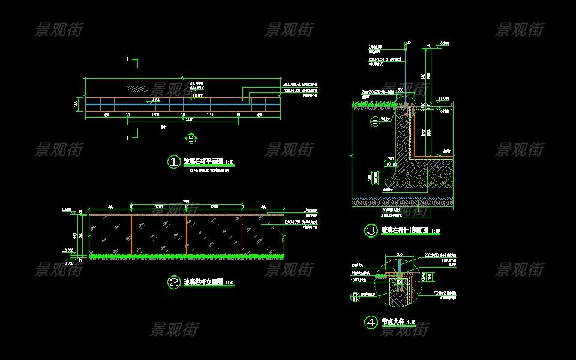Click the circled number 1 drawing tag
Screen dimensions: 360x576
173,161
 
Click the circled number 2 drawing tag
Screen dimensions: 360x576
173,281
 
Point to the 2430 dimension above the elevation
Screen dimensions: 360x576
187,201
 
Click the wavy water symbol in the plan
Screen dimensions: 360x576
137,89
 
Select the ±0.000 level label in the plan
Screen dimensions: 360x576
197,95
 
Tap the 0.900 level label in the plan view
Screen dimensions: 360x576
156,100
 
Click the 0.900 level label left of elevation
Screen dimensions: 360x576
67,209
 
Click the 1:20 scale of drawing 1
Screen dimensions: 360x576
229,162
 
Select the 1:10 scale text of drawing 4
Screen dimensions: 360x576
412,323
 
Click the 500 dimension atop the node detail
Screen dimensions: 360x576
400,254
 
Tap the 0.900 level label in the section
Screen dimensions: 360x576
444,43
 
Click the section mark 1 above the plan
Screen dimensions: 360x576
128,59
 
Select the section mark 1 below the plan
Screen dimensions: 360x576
128,138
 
